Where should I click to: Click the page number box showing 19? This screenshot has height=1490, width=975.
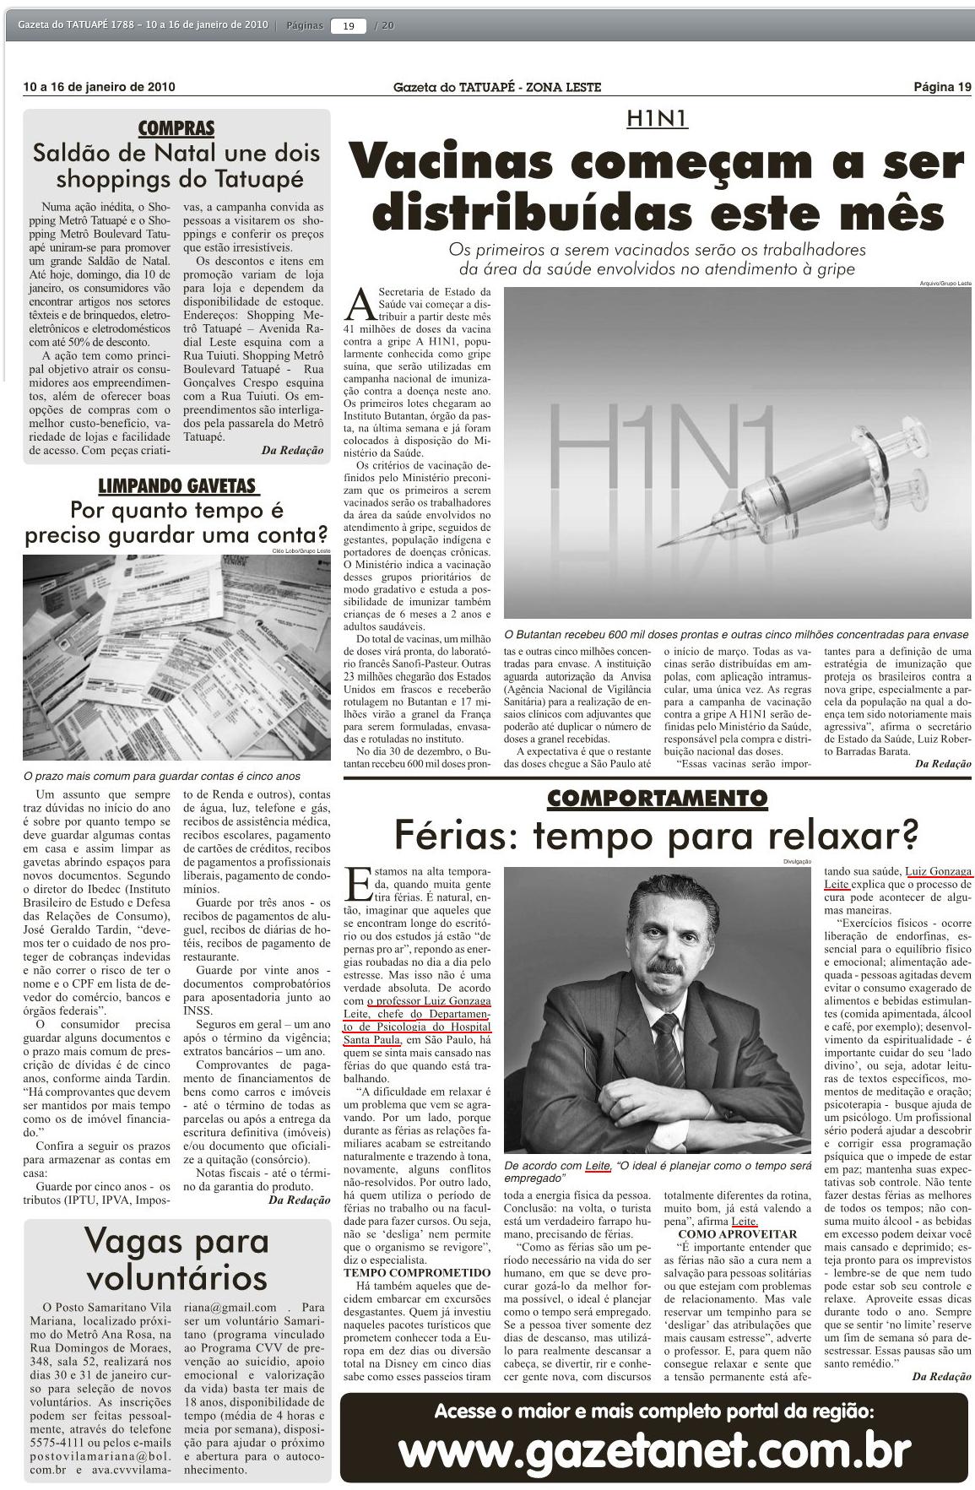pyautogui.click(x=349, y=25)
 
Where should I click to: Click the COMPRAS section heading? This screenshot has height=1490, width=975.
pyautogui.click(x=176, y=128)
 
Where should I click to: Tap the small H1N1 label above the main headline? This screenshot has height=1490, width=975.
pyautogui.click(x=657, y=119)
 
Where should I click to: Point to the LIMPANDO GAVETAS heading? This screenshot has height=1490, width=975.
pyautogui.click(x=177, y=486)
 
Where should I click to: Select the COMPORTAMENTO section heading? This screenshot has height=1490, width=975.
pyautogui.click(x=657, y=798)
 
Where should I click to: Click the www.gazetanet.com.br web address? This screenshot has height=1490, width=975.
pyautogui.click(x=654, y=1452)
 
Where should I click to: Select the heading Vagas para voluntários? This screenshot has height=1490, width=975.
pyautogui.click(x=176, y=1258)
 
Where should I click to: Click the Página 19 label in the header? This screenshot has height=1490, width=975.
pyautogui.click(x=942, y=87)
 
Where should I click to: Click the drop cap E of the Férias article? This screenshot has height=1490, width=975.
pyautogui.click(x=358, y=883)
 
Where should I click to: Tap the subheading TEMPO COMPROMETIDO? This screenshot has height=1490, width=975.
pyautogui.click(x=416, y=1272)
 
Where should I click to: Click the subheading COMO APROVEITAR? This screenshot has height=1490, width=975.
pyautogui.click(x=737, y=1234)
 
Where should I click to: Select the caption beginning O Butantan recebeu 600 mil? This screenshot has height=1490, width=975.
pyautogui.click(x=735, y=634)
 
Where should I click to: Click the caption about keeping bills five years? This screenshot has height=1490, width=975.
pyautogui.click(x=161, y=776)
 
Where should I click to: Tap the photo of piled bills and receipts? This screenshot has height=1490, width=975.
pyautogui.click(x=176, y=659)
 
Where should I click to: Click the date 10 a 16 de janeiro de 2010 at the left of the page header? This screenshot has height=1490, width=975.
pyautogui.click(x=100, y=87)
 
